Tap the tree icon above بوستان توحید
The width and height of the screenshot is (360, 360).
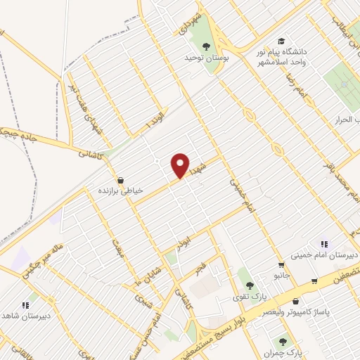(x=206, y=47)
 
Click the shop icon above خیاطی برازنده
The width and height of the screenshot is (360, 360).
(x=122, y=180)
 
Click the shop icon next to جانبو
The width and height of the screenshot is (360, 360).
(x=281, y=265)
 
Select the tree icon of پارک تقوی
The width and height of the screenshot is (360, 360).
(x=250, y=285)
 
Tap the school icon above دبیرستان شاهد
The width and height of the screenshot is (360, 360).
(x=26, y=304)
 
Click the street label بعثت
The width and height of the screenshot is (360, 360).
(x=118, y=248)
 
